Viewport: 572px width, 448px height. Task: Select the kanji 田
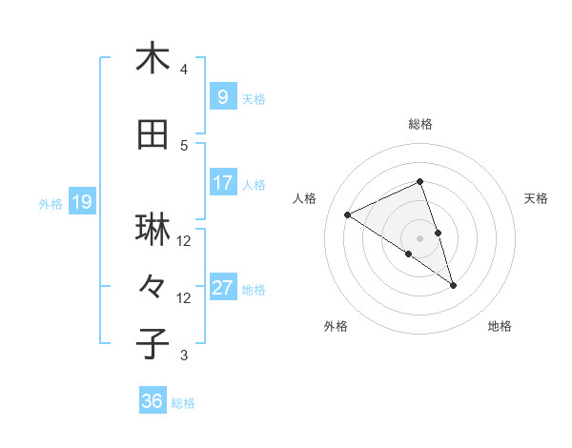coord(153,134)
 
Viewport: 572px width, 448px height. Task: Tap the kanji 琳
coord(153,230)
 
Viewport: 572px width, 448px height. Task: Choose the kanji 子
coord(153,343)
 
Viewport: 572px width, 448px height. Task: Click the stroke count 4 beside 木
coord(184,70)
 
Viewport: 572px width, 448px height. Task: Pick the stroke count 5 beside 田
coord(184,146)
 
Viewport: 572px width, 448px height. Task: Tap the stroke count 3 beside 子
coord(184,356)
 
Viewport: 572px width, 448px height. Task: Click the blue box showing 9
coord(222,97)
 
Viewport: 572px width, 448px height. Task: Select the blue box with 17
coord(222,183)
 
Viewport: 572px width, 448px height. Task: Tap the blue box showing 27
coord(222,288)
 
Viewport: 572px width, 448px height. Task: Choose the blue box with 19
coord(81,202)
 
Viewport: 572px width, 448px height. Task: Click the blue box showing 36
coord(152,402)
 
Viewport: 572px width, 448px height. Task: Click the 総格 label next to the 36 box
coord(183,403)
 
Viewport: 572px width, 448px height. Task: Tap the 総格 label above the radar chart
coord(419,124)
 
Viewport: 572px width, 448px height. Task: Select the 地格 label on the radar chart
coord(500,326)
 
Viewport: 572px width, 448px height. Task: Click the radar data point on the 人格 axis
coord(348,215)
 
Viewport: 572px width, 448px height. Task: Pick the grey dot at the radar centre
coord(419,237)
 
